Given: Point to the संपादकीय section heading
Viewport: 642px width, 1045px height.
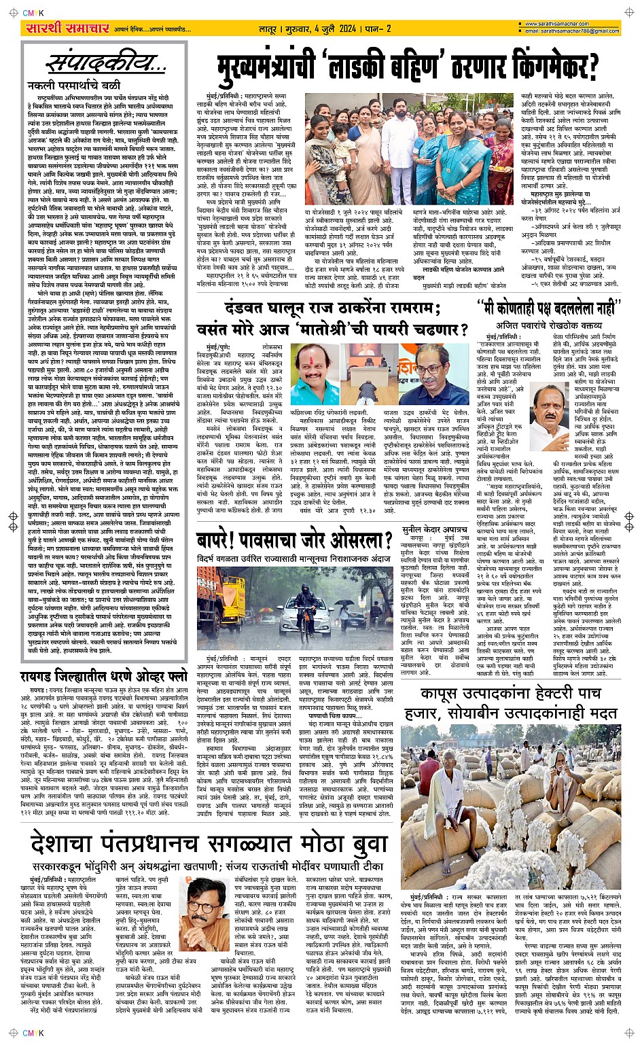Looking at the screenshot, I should tap(105, 65).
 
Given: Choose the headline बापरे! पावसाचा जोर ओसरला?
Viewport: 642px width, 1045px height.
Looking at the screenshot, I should tap(295, 541).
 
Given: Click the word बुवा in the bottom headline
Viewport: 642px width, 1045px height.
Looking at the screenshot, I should tap(374, 847).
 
